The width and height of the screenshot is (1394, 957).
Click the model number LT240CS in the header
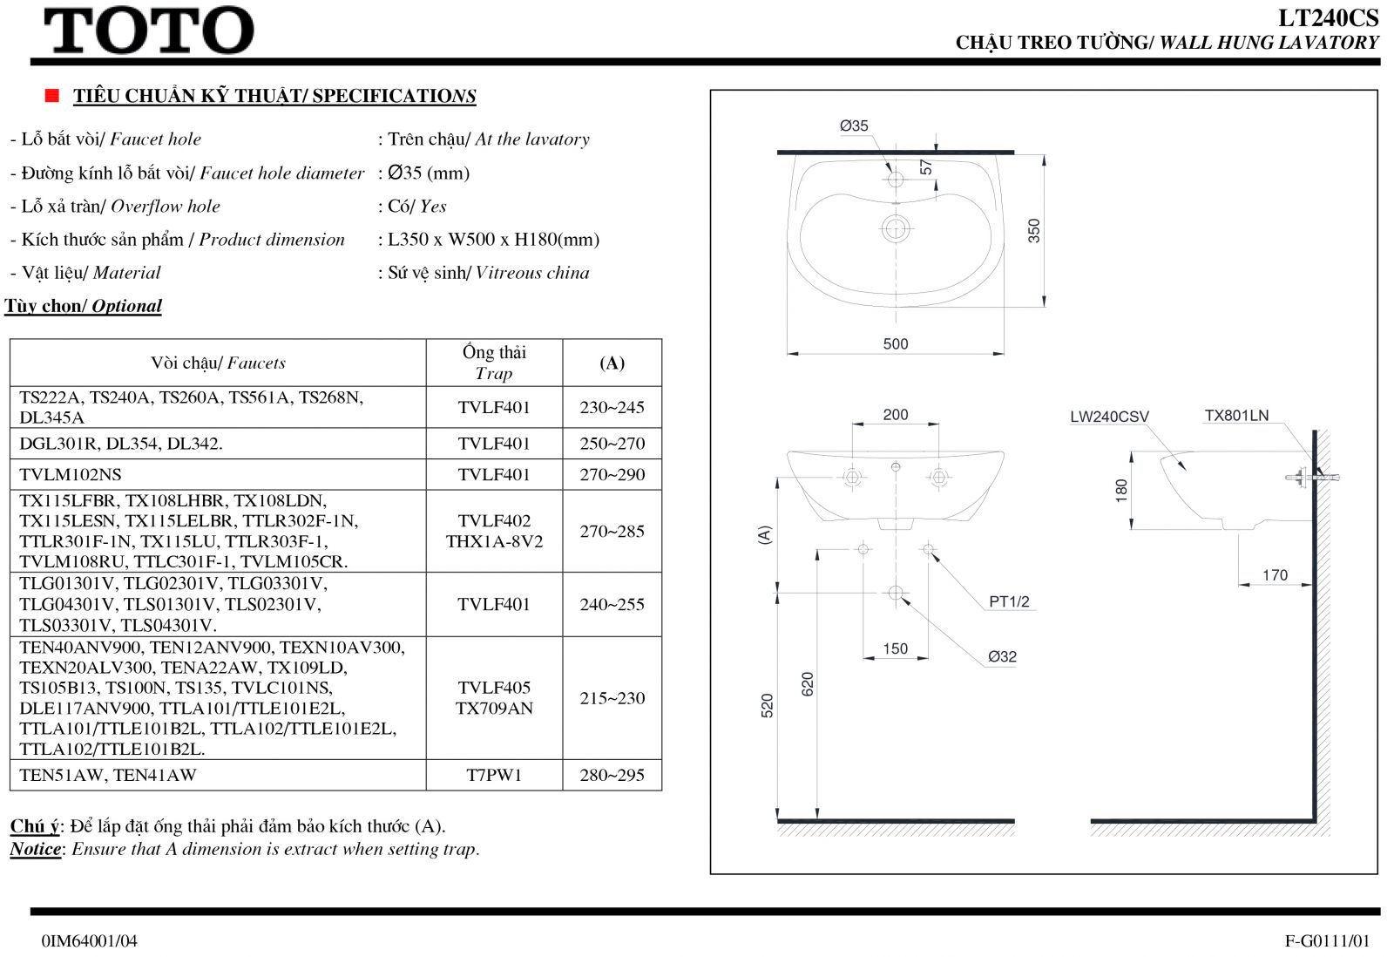pyautogui.click(x=1328, y=18)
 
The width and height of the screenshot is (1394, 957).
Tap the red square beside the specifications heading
pyautogui.click(x=51, y=95)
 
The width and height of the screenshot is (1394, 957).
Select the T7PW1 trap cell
pyautogui.click(x=494, y=775)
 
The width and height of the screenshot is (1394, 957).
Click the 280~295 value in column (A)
pyautogui.click(x=612, y=775)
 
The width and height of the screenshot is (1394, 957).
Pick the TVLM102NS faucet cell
pyautogui.click(x=71, y=474)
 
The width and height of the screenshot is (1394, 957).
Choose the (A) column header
pyautogui.click(x=612, y=363)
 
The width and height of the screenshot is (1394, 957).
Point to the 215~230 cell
pyautogui.click(x=612, y=698)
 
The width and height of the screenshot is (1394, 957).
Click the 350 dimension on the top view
pyautogui.click(x=1033, y=230)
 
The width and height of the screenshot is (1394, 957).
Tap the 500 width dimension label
pyautogui.click(x=896, y=343)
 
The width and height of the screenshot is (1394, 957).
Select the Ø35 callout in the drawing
pyautogui.click(x=854, y=126)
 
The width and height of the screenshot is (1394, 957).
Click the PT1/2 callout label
pyautogui.click(x=1010, y=601)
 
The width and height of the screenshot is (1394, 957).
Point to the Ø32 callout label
pyautogui.click(x=1002, y=656)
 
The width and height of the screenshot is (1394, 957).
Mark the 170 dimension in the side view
pyautogui.click(x=1276, y=574)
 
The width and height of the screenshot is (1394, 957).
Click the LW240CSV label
pyautogui.click(x=1110, y=417)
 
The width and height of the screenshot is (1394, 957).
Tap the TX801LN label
pyautogui.click(x=1236, y=415)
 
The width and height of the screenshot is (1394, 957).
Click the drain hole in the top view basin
pyautogui.click(x=896, y=229)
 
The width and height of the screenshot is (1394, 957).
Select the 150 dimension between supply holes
pyautogui.click(x=896, y=648)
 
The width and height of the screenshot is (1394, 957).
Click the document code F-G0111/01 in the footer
pyautogui.click(x=1328, y=940)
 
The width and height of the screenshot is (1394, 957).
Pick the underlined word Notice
pyautogui.click(x=36, y=849)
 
